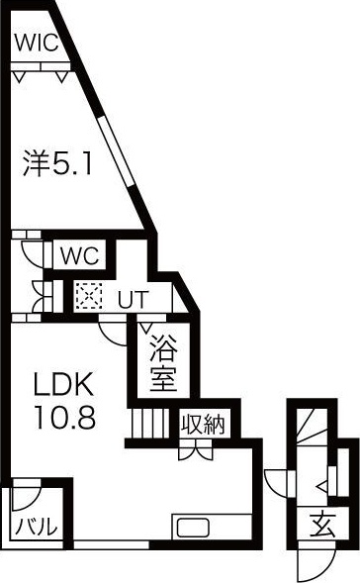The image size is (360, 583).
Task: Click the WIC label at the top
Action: (x=36, y=45)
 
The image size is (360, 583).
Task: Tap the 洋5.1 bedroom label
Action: (x=57, y=162)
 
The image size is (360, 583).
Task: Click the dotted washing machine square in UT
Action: (x=88, y=296)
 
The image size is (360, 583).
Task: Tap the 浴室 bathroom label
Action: (x=163, y=363)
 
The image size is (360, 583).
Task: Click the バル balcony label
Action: (x=35, y=527)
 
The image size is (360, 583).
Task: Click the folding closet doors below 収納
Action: (x=191, y=449)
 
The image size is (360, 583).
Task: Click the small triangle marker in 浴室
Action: (x=146, y=327)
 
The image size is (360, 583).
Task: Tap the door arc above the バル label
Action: (x=23, y=498)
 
